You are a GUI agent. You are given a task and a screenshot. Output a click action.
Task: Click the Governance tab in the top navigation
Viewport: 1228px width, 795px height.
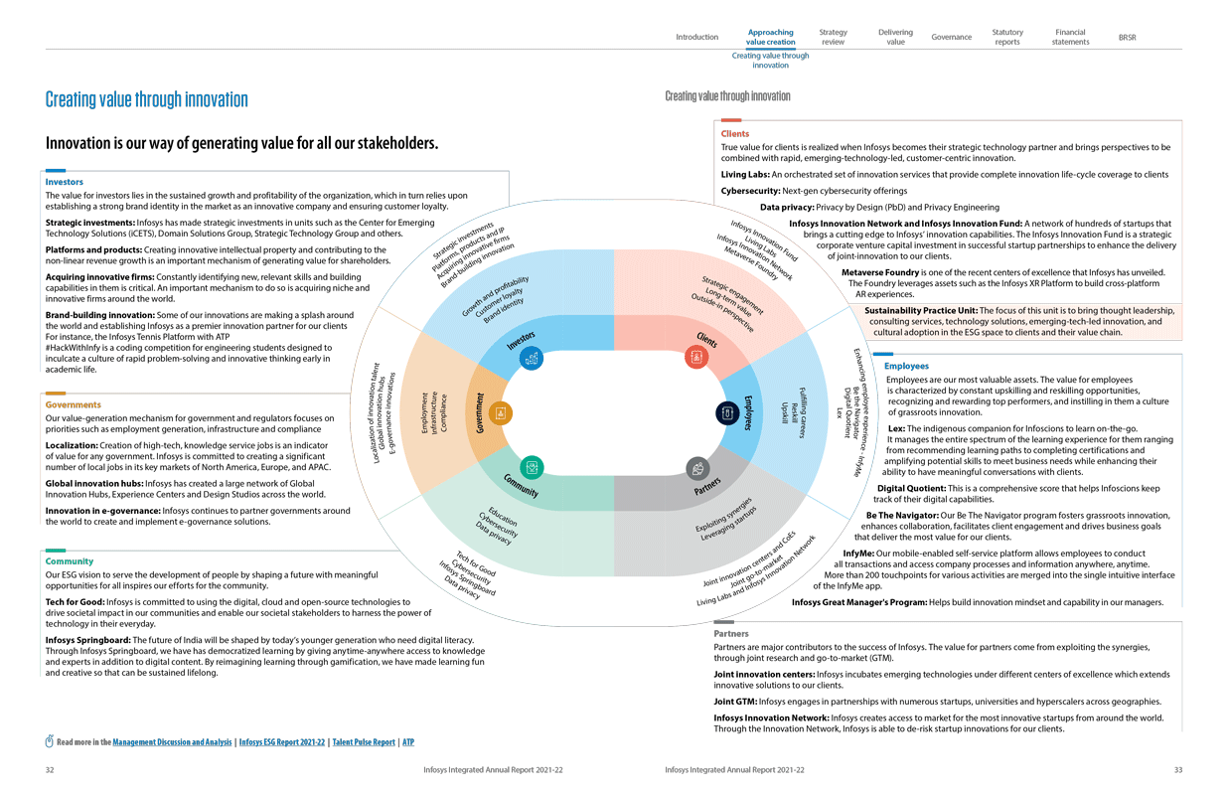951,38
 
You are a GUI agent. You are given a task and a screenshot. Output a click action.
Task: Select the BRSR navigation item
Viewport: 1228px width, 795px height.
1127,38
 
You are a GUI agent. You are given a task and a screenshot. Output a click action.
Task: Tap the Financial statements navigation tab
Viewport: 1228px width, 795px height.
1070,37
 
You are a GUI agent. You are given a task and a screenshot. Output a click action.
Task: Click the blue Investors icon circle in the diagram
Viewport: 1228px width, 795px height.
532,359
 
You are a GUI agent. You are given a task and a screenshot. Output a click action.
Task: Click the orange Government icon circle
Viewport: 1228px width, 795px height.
501,412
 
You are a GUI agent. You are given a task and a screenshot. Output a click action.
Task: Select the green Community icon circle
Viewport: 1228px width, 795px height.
533,466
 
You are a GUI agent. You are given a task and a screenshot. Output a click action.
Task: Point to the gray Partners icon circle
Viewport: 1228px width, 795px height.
697,467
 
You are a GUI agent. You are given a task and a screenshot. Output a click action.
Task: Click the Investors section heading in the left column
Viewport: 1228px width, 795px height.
65,182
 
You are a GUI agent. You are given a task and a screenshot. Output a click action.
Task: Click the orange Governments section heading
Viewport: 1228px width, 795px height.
74,405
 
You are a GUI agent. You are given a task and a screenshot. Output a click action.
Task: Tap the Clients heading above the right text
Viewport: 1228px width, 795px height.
735,133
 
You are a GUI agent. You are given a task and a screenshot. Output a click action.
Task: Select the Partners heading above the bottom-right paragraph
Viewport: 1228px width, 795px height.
731,633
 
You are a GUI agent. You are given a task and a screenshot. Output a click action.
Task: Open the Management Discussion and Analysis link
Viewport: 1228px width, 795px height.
173,742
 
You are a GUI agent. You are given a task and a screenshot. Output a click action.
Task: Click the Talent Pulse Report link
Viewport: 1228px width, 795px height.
364,742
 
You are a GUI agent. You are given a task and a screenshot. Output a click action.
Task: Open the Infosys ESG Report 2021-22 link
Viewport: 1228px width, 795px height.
282,742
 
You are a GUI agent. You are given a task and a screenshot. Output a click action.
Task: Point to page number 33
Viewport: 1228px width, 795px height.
1178,769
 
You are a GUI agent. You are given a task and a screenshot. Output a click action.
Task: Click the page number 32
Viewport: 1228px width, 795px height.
50,769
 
